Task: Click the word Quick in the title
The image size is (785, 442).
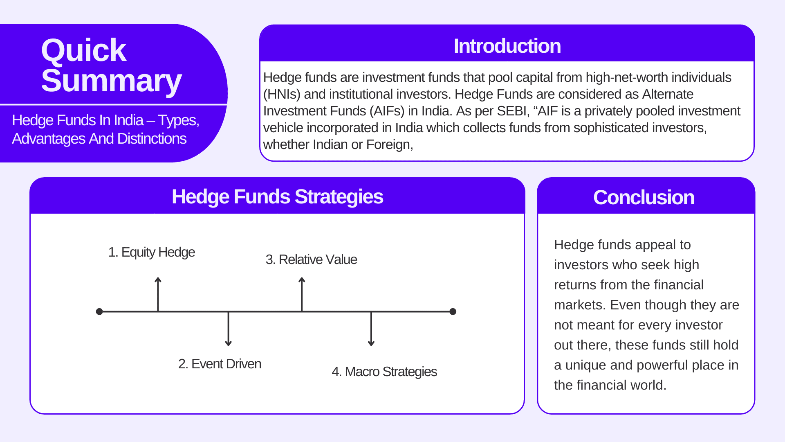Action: point(84,51)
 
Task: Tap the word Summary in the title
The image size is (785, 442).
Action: point(111,81)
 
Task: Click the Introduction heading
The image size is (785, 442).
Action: point(507,46)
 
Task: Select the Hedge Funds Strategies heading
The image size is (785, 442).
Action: point(277,197)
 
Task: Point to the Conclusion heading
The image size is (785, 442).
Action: point(644,198)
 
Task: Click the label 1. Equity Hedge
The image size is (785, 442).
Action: point(151,253)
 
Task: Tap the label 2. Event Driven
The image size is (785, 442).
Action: point(220,364)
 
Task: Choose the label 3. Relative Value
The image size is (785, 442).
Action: point(311,260)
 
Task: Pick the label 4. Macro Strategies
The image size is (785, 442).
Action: point(384,372)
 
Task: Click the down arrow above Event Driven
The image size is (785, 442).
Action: point(229,329)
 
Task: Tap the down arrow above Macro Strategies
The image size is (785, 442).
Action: point(371,329)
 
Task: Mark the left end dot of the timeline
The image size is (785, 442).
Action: point(99,312)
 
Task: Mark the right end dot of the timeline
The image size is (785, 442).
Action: point(453,312)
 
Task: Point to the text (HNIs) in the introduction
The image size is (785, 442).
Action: point(282,95)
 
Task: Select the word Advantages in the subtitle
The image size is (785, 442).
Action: point(49,139)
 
